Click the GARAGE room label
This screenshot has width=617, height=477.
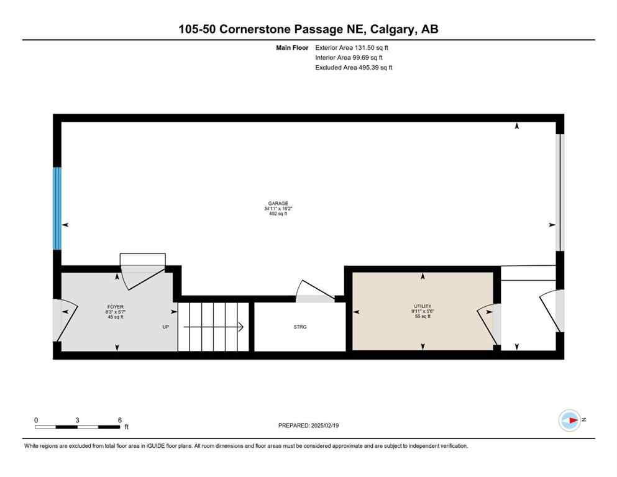click(278, 202)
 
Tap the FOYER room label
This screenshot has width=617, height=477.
click(116, 307)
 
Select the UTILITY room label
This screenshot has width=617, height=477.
click(423, 306)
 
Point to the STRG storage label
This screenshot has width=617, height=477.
click(300, 327)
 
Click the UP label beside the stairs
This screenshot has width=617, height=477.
click(167, 327)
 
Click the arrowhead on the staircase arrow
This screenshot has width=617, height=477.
click(240, 327)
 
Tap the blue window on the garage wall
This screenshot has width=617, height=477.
click(57, 208)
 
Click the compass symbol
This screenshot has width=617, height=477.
click(569, 420)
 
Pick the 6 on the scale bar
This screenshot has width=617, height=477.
click(119, 420)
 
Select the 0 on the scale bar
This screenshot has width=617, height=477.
click(36, 420)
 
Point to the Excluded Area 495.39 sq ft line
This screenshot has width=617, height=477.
click(354, 67)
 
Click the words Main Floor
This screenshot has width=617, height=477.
click(293, 47)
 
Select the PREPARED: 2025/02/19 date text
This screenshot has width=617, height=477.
click(308, 425)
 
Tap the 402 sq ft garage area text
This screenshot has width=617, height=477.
click(278, 214)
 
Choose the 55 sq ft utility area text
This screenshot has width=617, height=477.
click(423, 317)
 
